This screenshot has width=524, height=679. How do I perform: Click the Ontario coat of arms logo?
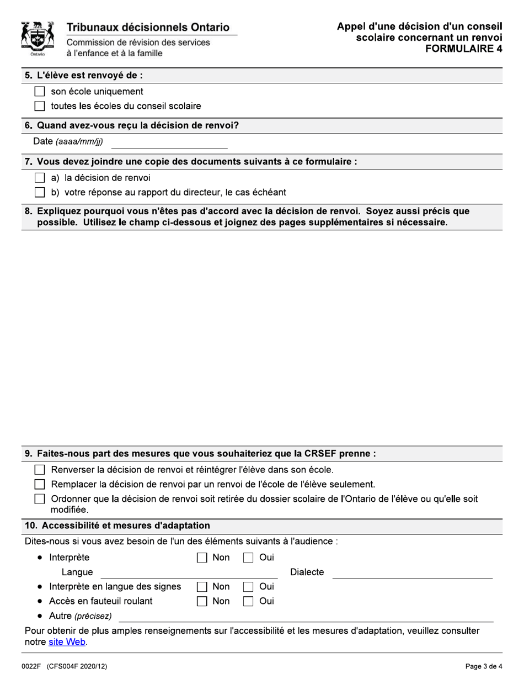click(38, 39)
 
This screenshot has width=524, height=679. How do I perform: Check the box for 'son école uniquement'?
click(40, 92)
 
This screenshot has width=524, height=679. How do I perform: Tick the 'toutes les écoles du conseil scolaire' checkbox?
click(40, 106)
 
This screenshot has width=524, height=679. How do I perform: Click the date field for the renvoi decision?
click(169, 142)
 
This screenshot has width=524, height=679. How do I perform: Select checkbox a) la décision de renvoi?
click(40, 178)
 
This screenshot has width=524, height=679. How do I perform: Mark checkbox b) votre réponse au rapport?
click(40, 192)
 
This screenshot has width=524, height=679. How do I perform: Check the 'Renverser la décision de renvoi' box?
click(40, 470)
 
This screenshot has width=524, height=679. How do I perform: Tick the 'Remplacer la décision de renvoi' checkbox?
click(40, 484)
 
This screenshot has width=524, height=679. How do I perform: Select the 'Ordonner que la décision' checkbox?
click(40, 499)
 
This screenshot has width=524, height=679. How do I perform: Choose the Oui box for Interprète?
click(249, 558)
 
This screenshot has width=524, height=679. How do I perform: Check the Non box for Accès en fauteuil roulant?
click(202, 601)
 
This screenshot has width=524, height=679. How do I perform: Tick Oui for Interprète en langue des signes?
click(249, 586)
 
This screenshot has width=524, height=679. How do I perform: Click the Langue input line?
click(188, 573)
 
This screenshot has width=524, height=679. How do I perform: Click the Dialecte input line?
click(412, 573)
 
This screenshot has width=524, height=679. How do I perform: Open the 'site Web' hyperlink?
click(67, 642)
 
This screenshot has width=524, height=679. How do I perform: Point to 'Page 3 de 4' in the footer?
click(484, 666)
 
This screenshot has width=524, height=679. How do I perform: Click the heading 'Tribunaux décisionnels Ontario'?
click(148, 28)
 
